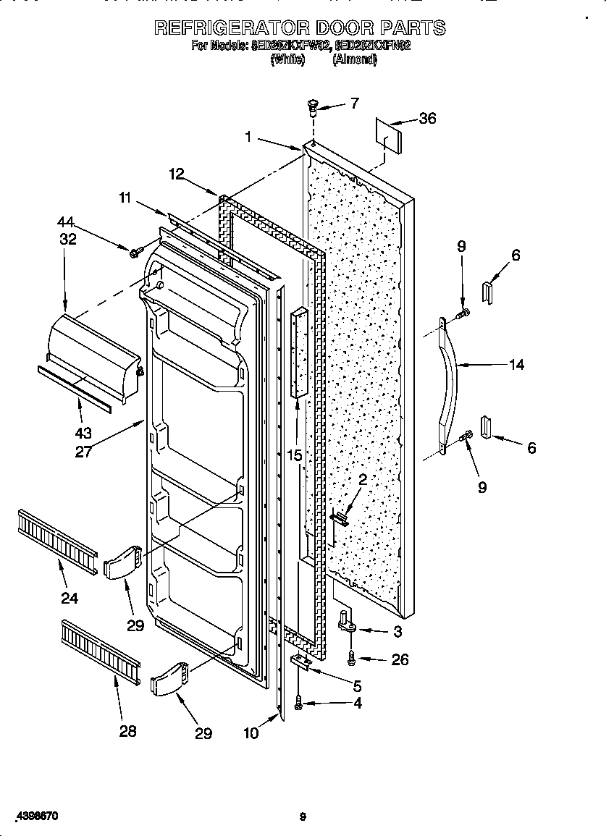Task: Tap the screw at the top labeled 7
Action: pos(312,109)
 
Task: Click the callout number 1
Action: pos(248,135)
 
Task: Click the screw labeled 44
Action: pos(135,251)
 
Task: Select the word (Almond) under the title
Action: pos(355,61)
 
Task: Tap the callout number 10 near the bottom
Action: pos(251,733)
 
